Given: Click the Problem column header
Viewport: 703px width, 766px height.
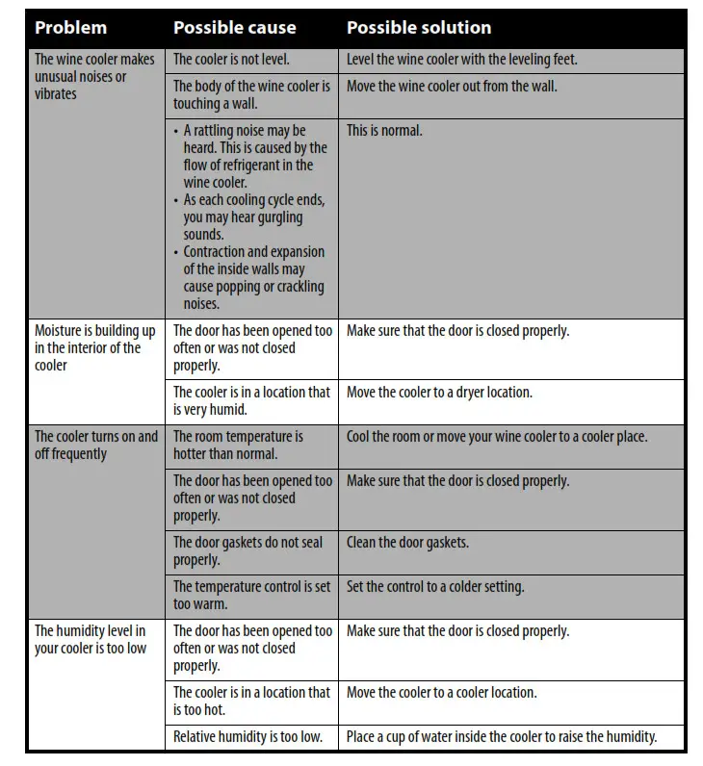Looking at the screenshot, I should tap(70, 28).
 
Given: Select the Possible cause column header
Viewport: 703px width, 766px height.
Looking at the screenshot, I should tap(234, 28).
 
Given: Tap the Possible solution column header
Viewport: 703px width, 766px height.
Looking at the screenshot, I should tap(419, 28).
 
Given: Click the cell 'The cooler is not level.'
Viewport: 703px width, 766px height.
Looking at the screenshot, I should tap(231, 60).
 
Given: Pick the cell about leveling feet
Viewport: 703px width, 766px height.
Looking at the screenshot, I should tap(461, 60).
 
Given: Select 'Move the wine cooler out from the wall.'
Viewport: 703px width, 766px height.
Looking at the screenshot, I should tap(452, 87).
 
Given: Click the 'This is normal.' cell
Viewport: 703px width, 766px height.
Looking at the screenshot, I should tap(384, 131).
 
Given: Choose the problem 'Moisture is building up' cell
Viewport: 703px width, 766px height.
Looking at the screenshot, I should tap(94, 348).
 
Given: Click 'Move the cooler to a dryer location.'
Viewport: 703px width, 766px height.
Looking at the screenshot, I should tap(439, 393).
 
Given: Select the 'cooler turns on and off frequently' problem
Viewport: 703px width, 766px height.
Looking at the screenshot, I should tap(95, 446).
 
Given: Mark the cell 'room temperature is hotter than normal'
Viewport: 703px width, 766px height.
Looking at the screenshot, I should tap(238, 446).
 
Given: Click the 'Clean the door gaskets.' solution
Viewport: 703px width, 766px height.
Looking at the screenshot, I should tap(407, 543).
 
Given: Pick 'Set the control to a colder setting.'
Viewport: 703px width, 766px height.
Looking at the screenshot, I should tap(435, 587).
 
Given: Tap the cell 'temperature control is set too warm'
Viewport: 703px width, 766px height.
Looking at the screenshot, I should tap(251, 596).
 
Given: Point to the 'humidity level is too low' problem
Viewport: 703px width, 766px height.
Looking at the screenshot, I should tap(91, 640).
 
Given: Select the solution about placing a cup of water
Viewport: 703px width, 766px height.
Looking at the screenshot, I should tap(501, 737).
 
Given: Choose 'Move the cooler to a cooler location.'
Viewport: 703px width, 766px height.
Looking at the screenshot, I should tap(441, 693).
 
